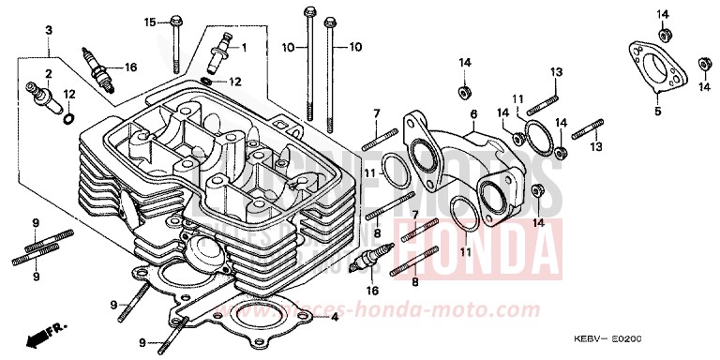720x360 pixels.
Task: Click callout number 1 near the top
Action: [x=243, y=46]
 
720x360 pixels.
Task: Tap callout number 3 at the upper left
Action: [x=47, y=31]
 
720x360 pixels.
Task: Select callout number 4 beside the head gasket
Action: [x=334, y=318]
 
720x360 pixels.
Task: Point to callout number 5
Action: [x=657, y=111]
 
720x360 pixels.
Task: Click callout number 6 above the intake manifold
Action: [x=474, y=113]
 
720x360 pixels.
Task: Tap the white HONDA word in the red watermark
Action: [x=477, y=246]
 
